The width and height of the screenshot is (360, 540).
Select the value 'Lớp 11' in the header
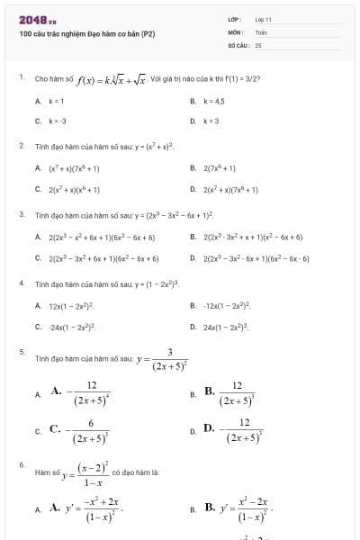(263, 19)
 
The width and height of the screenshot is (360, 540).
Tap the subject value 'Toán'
(261, 31)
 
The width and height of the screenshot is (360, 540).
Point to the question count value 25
(258, 43)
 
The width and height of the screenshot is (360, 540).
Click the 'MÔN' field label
(234, 31)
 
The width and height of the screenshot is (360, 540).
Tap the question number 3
(21, 214)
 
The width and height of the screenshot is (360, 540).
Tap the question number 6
(21, 464)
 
